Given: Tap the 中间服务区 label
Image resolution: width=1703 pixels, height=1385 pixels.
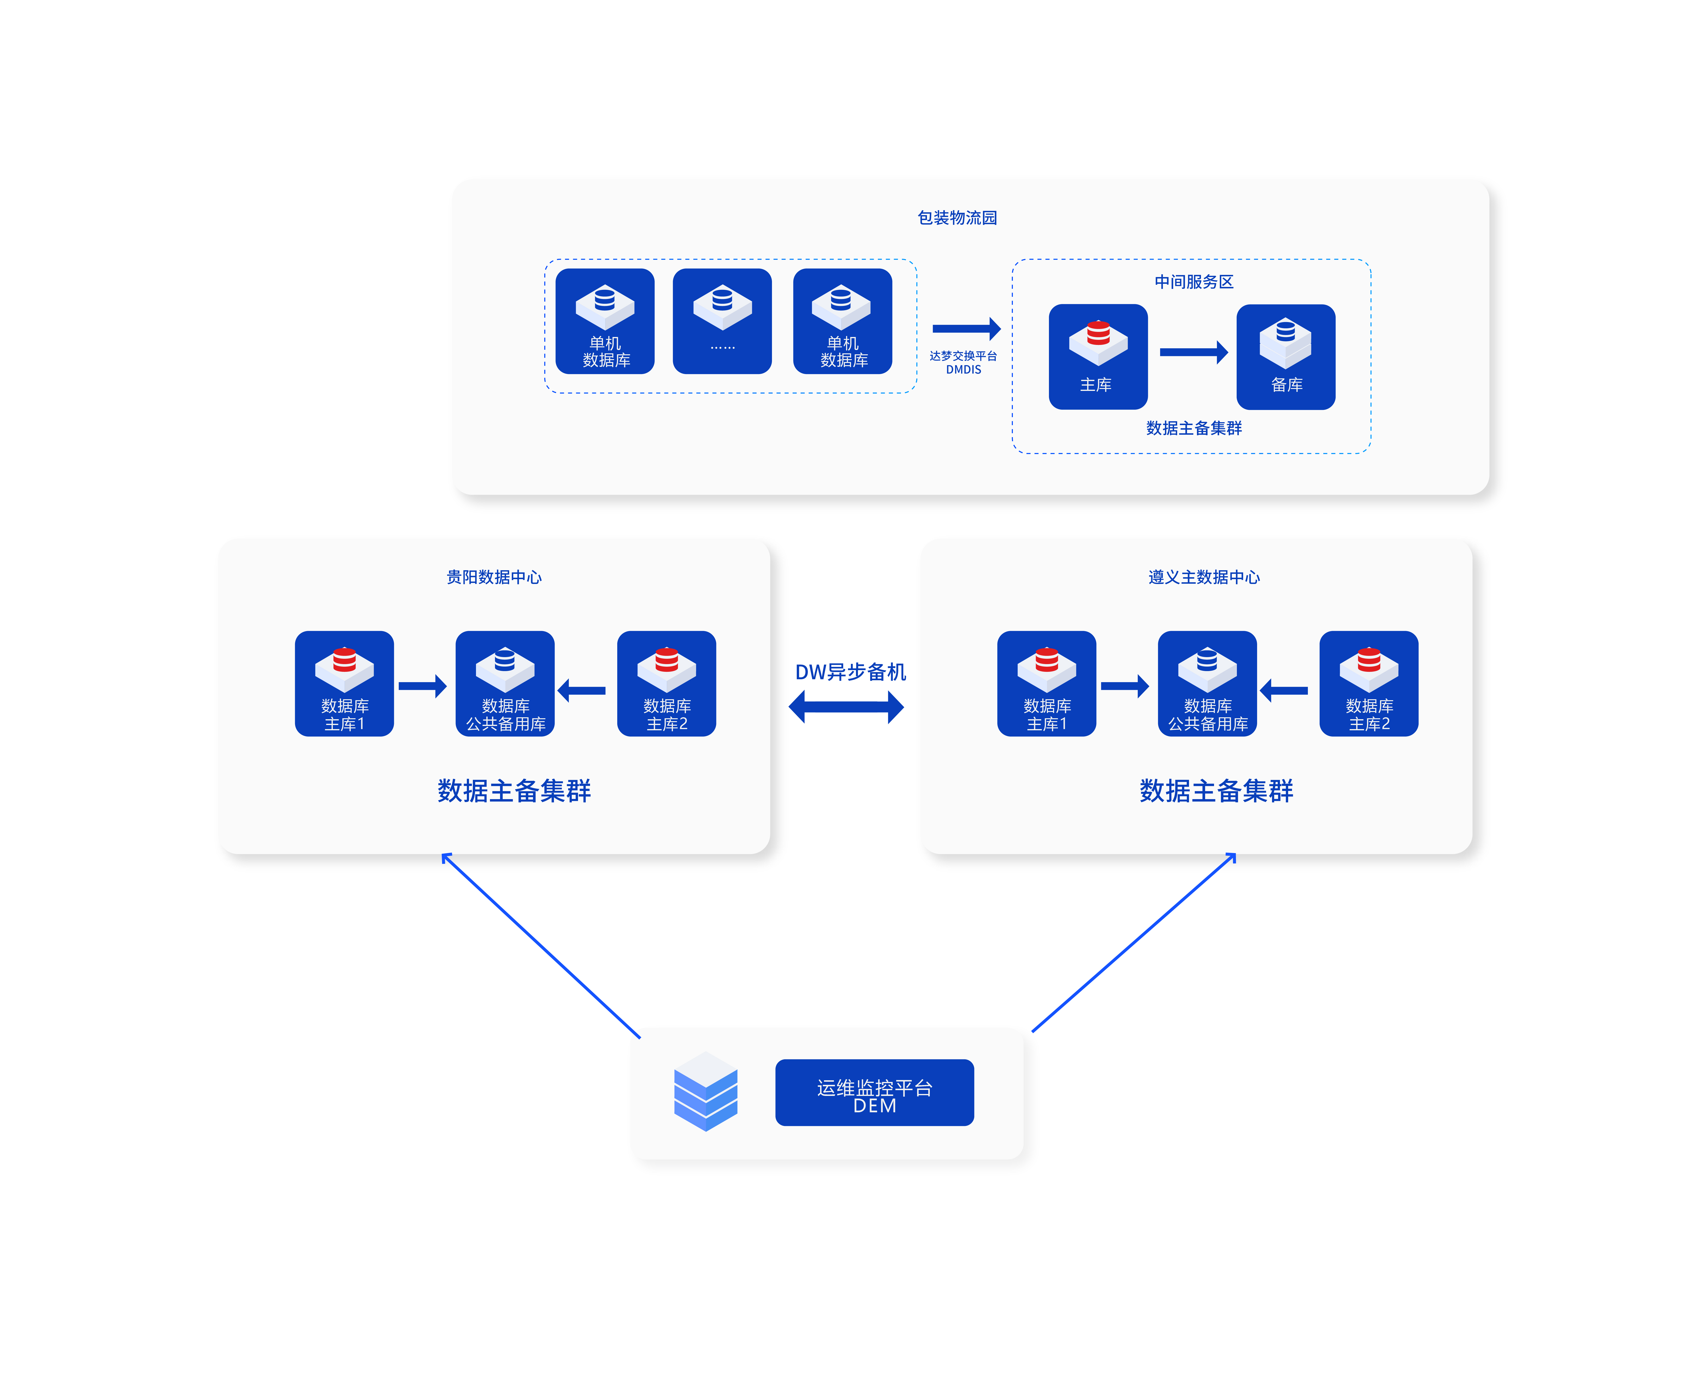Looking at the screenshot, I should tap(1193, 282).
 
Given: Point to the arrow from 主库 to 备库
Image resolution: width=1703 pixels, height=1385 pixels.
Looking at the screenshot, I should tap(1193, 352).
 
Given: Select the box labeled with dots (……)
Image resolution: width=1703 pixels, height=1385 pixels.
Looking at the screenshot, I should tap(722, 321).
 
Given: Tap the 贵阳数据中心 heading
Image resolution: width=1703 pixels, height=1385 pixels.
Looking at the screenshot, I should tap(494, 577).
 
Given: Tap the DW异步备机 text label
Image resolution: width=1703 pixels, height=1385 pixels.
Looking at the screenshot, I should tap(850, 672).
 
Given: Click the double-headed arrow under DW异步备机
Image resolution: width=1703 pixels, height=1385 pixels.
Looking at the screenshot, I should tap(846, 707).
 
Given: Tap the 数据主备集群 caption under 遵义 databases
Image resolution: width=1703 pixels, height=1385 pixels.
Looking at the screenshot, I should tap(1216, 791).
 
